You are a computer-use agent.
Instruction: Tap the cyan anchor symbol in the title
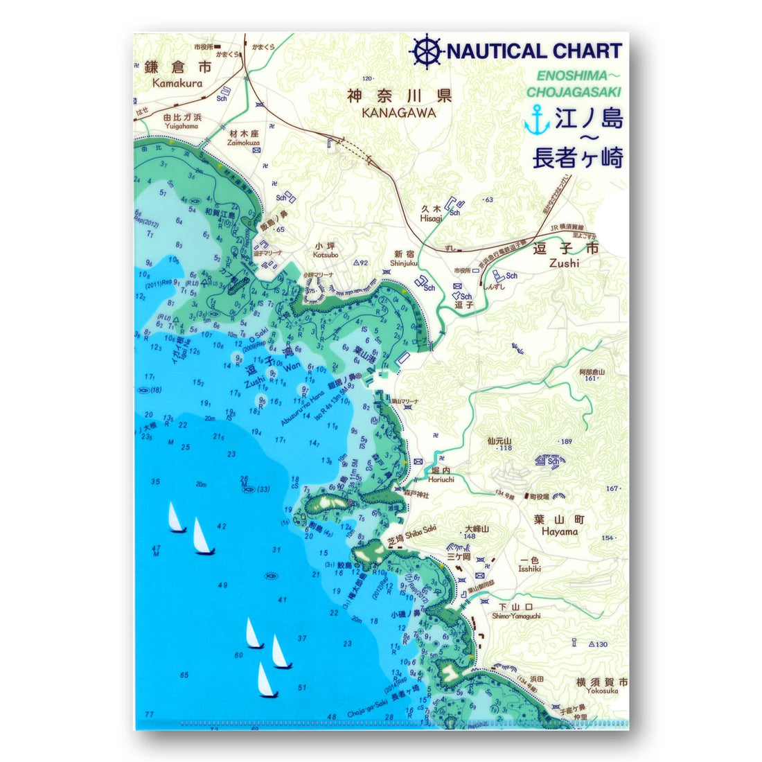tap(536, 119)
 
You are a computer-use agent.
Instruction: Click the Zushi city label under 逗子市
tap(564, 263)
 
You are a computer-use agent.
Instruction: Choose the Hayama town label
tap(560, 531)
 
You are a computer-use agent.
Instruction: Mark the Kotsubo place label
tap(326, 255)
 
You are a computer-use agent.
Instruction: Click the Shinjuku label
tap(404, 263)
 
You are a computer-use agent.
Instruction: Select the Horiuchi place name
tap(441, 479)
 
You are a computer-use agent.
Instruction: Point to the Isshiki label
tap(529, 569)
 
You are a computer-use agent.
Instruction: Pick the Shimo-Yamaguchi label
tap(516, 616)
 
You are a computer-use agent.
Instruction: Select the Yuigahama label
tap(181, 126)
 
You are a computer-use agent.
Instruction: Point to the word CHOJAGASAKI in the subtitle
tap(574, 91)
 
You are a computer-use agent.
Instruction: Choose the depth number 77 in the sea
tap(148, 714)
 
